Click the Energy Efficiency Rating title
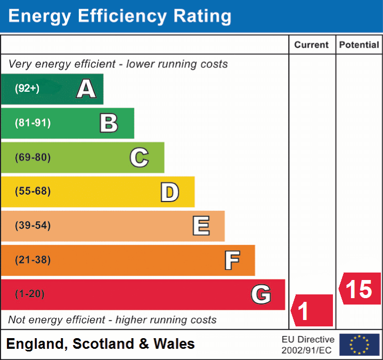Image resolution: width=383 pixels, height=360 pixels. point(120,17)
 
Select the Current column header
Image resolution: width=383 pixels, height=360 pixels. point(312,45)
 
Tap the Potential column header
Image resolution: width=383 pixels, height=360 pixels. point(359,45)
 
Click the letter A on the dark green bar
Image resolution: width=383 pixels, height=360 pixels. point(86,89)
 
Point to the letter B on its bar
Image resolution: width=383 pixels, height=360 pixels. point(109,123)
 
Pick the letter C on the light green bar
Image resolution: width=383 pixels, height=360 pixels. point(139,157)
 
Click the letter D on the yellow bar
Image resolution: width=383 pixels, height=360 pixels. point(169,192)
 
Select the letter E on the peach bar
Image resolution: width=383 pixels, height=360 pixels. point(200,226)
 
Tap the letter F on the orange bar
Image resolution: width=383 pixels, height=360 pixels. point(232,260)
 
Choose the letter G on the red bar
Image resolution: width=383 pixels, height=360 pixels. point(261,294)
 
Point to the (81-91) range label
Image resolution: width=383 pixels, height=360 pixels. point(32,123)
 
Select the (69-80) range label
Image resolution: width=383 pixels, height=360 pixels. point(32,157)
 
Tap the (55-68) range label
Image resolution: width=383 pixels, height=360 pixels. point(32,191)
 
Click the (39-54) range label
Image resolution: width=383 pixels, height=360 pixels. point(32,226)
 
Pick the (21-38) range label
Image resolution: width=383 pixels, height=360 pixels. point(32,260)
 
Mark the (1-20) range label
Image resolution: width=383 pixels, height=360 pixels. point(30,294)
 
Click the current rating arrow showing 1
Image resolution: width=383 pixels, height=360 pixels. point(312,310)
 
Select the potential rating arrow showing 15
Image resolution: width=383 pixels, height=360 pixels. point(360,289)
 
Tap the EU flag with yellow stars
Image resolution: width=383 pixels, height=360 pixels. point(360,345)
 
